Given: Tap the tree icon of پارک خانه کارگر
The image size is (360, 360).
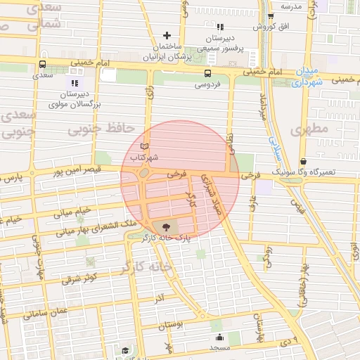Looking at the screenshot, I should coord(166,227).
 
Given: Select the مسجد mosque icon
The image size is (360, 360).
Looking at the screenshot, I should coord(219,336).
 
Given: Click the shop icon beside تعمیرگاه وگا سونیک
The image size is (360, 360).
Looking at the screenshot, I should coord(303,161).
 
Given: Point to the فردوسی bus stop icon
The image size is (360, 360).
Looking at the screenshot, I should coord(207,73).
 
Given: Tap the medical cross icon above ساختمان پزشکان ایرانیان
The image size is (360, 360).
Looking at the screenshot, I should coord(167,35).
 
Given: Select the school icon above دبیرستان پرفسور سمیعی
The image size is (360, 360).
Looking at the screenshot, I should coord(220,27).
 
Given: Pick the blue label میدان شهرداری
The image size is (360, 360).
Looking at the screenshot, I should coord(307,77).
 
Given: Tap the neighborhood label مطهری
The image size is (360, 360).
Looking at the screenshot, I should coord(309,129).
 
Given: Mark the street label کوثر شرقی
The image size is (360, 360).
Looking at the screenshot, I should coord(70,277).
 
